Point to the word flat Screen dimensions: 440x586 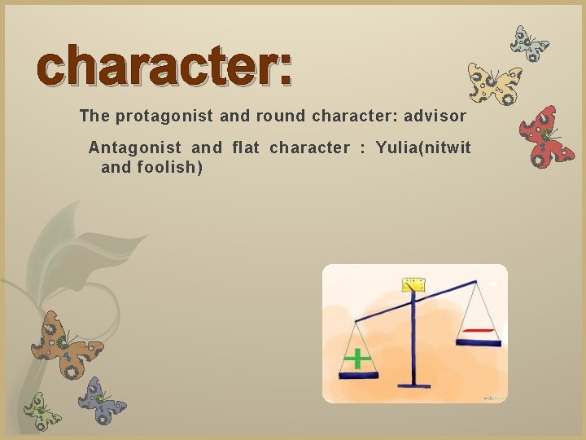(x=246, y=148)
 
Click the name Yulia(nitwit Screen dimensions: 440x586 (x=423, y=148)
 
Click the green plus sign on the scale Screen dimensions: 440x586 (x=356, y=358)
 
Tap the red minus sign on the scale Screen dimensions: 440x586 (x=479, y=330)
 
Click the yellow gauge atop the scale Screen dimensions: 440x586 (x=415, y=284)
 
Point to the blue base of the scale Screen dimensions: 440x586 (x=414, y=384)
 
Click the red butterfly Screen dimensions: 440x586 (x=547, y=136)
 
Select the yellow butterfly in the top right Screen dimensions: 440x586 (x=494, y=84)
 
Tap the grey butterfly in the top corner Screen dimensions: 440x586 (x=529, y=44)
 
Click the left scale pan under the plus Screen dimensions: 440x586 (x=358, y=375)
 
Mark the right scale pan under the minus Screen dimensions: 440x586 (x=479, y=342)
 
